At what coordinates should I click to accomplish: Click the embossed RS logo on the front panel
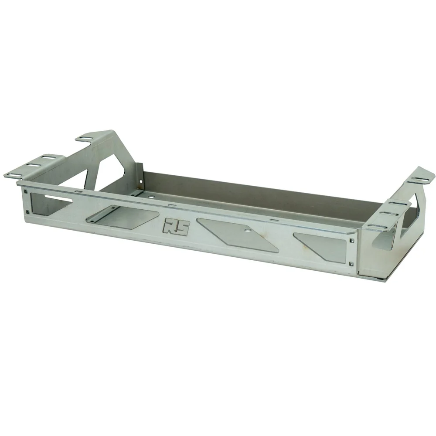[x=176, y=227]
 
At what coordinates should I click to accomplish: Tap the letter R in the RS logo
[x=170, y=225]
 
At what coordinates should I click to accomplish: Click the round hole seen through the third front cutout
[x=247, y=230]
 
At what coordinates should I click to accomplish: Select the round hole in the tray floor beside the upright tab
[x=151, y=197]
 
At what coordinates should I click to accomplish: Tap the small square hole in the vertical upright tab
[x=141, y=181]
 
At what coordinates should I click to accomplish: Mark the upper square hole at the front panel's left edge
[x=26, y=191]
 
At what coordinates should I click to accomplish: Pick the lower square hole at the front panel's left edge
[x=27, y=212]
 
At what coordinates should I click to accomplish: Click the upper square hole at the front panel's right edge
[x=352, y=240]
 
